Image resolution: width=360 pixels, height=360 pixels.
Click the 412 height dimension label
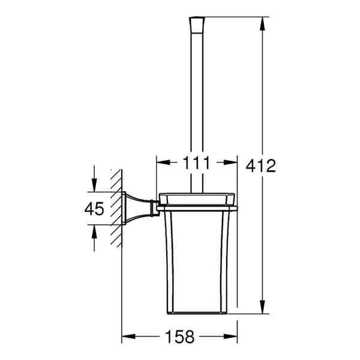pos(260,166)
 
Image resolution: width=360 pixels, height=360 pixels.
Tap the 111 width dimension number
pos(197,163)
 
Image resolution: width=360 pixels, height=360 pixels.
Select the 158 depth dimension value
pos(180,337)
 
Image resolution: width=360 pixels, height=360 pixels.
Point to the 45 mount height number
pos(94,209)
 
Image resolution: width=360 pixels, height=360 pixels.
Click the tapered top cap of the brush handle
pos(197,25)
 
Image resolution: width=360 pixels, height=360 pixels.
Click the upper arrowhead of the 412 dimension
pos(262,23)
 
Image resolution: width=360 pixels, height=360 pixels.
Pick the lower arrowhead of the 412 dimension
pos(262,307)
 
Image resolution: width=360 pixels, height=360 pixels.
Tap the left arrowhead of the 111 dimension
pos(163,163)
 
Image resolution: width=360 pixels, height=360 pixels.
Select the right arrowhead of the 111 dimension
pos(230,163)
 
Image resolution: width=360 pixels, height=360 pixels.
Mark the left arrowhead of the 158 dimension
pos(128,337)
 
